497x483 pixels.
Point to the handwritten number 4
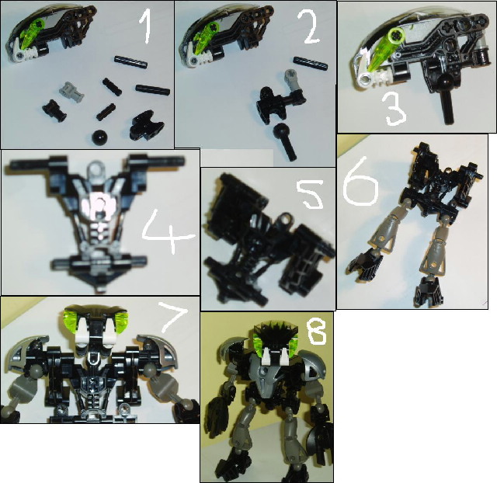point(168,232)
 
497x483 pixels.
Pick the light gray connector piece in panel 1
point(71,89)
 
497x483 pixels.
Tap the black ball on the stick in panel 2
point(286,141)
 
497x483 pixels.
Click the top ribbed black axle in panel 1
point(131,61)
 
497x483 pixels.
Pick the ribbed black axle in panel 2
point(311,62)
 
